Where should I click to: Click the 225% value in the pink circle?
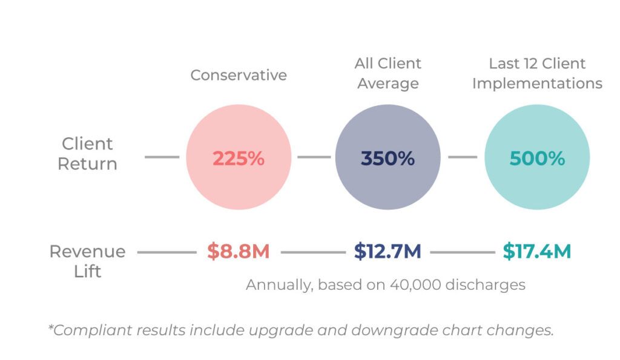coord(239,159)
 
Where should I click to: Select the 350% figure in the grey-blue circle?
coord(387,159)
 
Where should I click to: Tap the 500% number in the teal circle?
coord(537,159)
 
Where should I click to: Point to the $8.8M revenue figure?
coord(239,251)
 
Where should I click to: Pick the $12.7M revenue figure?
coord(387,251)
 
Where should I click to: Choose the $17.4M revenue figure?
coord(537,251)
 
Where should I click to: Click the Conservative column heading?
coord(239,75)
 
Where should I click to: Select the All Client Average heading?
coord(387,73)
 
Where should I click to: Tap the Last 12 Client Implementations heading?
coord(537,73)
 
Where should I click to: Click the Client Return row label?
coord(87,153)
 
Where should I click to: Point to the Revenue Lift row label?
coord(87,261)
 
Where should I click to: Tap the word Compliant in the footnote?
coord(91,330)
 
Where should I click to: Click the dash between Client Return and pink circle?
coord(162,157)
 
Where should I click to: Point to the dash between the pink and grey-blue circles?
coord(314,157)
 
